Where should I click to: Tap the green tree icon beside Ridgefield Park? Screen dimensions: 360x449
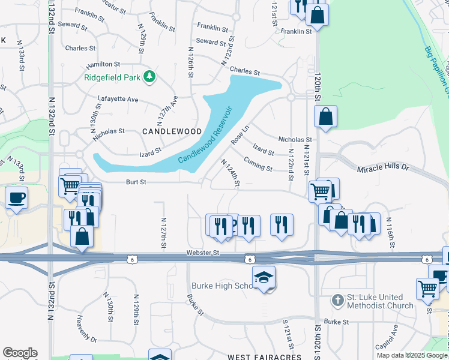coord(149,77)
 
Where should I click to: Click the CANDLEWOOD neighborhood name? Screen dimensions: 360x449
coord(163,131)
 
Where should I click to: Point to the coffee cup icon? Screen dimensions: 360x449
coord(17,197)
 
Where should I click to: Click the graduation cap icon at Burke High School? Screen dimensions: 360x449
coord(264,278)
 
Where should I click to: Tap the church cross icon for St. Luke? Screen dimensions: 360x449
coord(339,299)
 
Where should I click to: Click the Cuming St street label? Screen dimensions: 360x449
coord(259,164)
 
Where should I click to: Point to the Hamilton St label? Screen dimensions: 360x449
coord(103,64)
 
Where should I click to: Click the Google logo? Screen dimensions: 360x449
coord(20,353)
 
